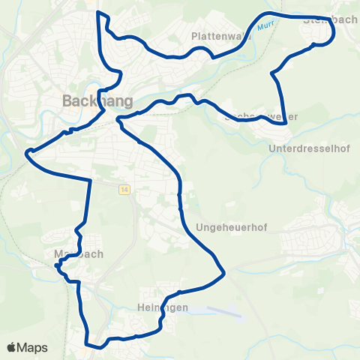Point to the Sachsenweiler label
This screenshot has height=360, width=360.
click(x=261, y=116)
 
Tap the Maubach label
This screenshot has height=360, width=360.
click(x=78, y=253)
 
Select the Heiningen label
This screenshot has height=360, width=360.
click(x=157, y=307)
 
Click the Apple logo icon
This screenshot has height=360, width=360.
click(x=11, y=347)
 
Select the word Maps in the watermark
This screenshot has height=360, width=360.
click(x=33, y=347)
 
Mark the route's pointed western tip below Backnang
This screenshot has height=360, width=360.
click(x=28, y=153)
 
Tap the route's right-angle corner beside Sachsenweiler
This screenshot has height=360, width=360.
click(x=286, y=123)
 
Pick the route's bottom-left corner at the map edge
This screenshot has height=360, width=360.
click(x=88, y=346)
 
